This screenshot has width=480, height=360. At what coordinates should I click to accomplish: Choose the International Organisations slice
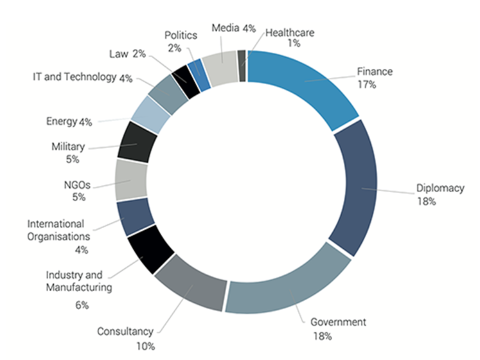[x=134, y=217]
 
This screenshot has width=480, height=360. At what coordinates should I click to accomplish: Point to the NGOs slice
[x=131, y=179]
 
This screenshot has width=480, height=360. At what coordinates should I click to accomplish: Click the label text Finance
[x=375, y=72]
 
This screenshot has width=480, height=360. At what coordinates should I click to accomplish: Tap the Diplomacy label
[x=440, y=188]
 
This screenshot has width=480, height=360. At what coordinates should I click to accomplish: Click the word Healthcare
[x=290, y=32]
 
